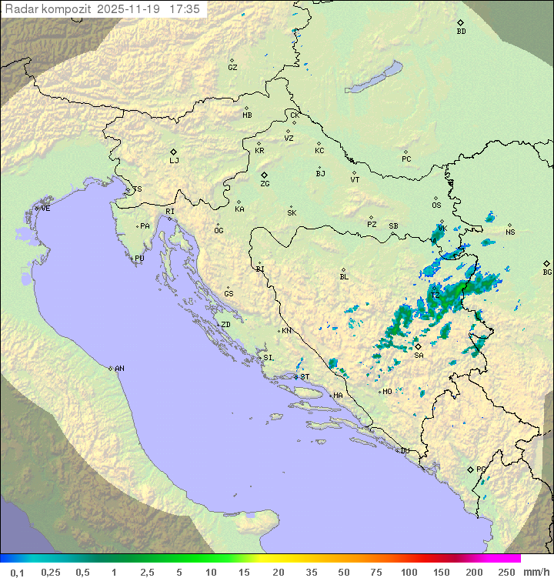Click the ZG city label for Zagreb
(x=265, y=184)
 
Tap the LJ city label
(x=174, y=161)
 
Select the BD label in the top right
(x=461, y=32)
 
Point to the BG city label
(x=547, y=272)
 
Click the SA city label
(x=419, y=356)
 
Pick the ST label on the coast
(x=305, y=377)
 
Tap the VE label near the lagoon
(x=45, y=209)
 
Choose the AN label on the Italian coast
(x=119, y=369)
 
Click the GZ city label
(x=232, y=68)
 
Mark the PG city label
(x=481, y=469)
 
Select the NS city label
(x=510, y=232)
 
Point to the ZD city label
(x=225, y=325)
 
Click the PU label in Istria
(x=139, y=259)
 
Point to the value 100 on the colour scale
(x=408, y=572)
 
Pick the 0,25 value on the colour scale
(x=51, y=572)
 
